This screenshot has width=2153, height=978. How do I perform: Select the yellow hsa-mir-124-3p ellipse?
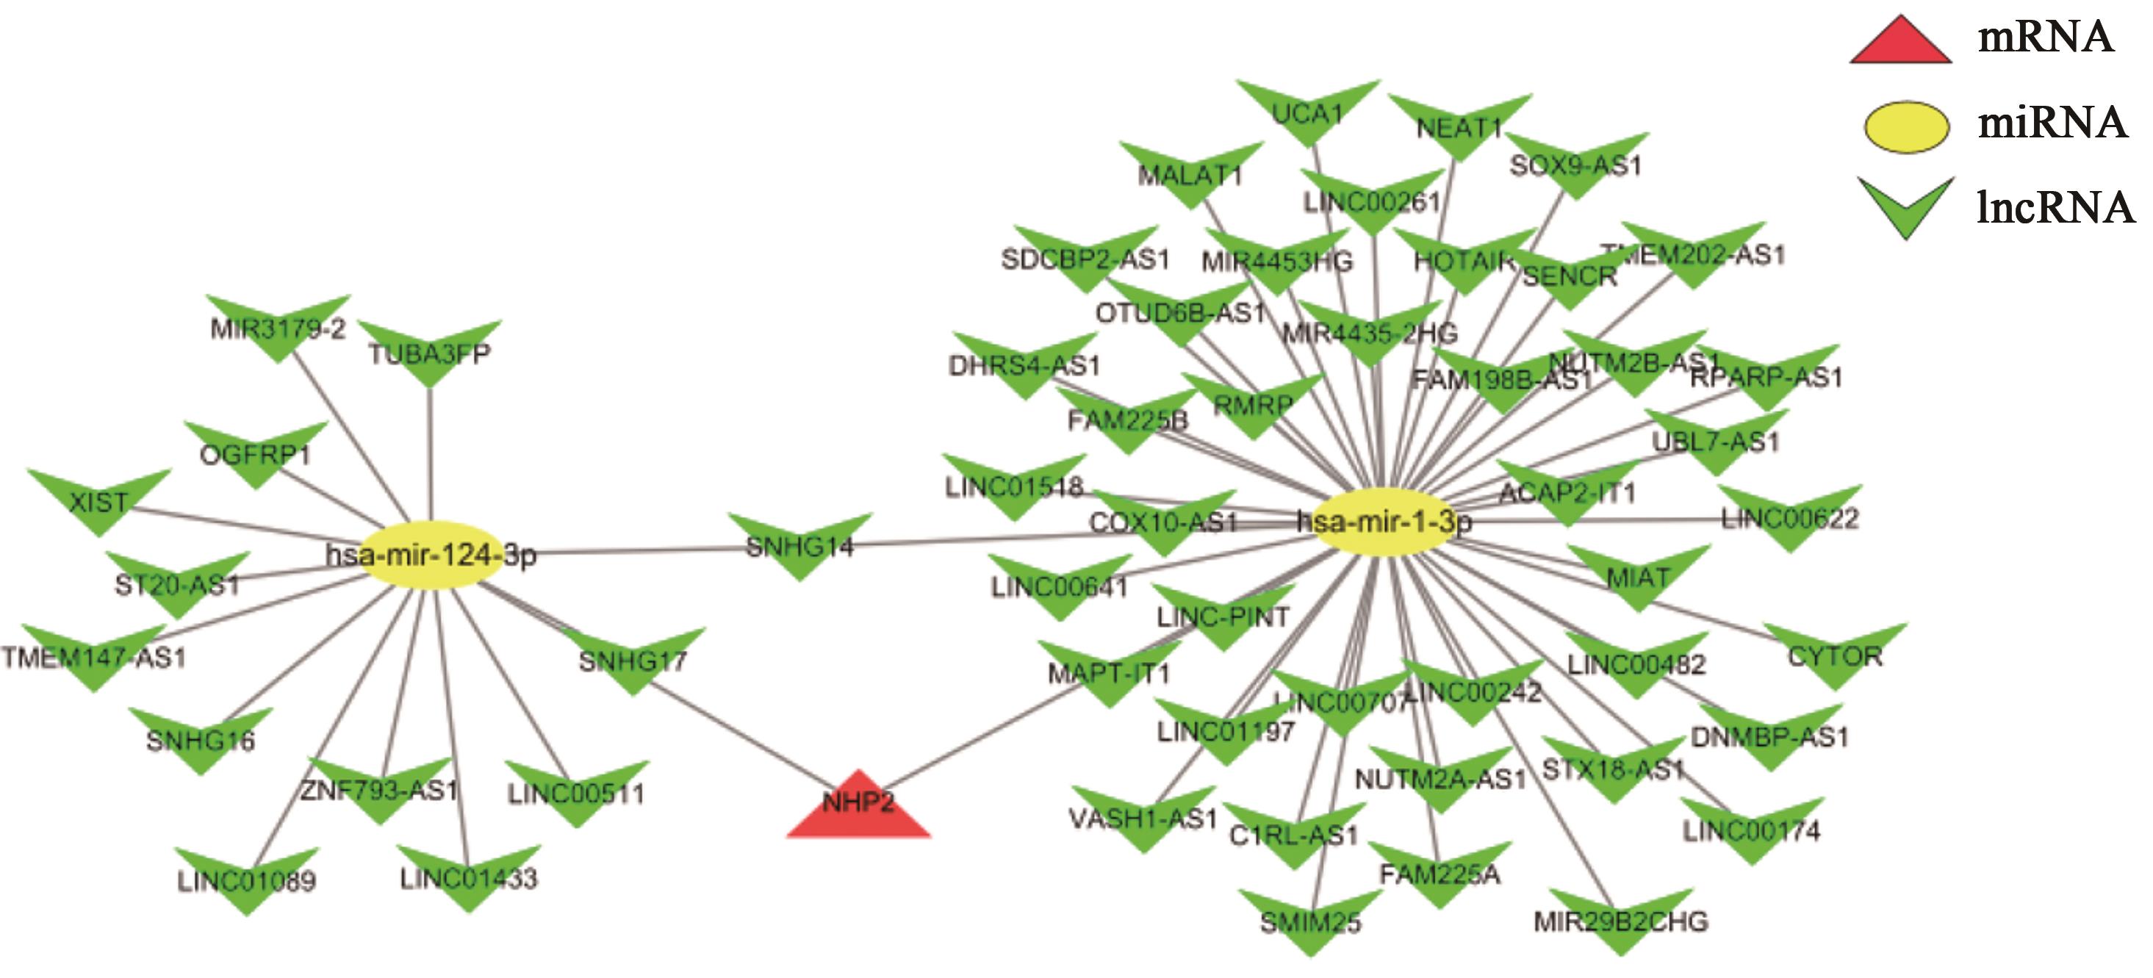pyautogui.click(x=431, y=555)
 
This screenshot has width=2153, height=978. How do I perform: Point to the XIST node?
pyautogui.click(x=98, y=502)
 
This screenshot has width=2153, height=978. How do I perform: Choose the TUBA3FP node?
pyautogui.click(x=430, y=353)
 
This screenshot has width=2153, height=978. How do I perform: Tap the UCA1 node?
pyautogui.click(x=1308, y=113)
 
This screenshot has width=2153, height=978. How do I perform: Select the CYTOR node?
pyautogui.click(x=1836, y=657)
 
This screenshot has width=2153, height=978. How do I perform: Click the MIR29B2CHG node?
pyautogui.click(x=1620, y=922)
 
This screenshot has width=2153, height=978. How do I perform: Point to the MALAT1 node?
pyautogui.click(x=1191, y=175)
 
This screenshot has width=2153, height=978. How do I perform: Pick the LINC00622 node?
pyautogui.click(x=1790, y=518)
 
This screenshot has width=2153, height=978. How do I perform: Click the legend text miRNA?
pyautogui.click(x=2052, y=123)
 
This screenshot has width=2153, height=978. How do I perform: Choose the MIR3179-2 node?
pyautogui.click(x=278, y=328)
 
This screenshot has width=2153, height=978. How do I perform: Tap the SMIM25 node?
pyautogui.click(x=1310, y=923)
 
